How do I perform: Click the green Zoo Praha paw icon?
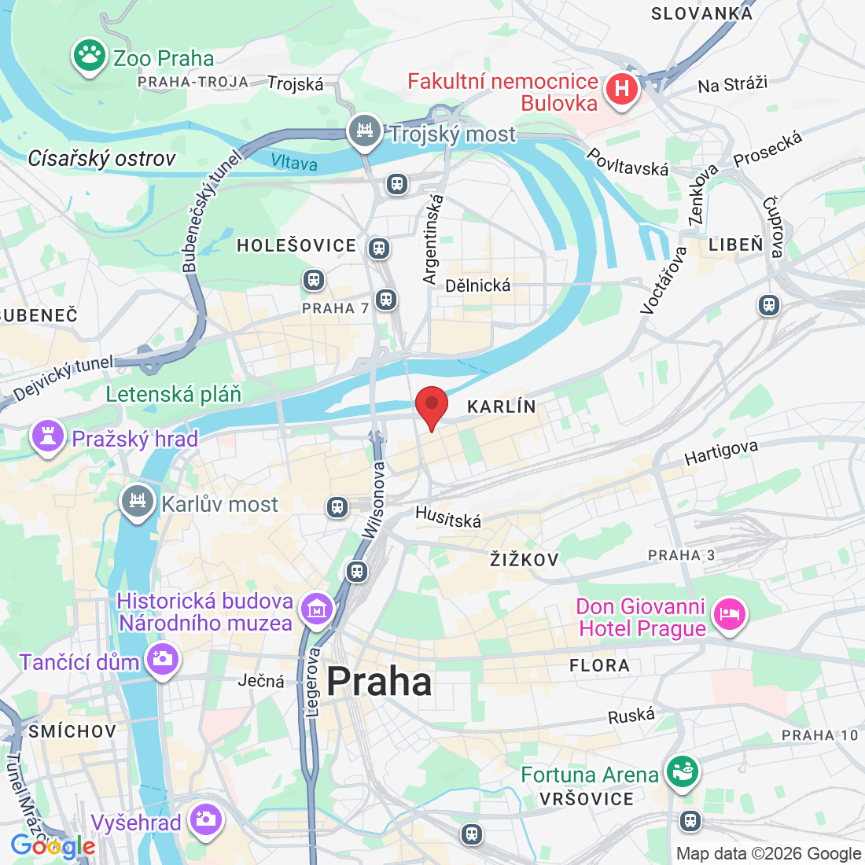pos(90,56)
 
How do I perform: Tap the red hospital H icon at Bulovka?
pos(621,89)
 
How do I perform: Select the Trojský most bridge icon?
pos(365,131)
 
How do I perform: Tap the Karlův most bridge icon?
pos(138,501)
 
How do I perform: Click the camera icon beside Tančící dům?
pos(163,659)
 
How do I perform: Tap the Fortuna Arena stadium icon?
pos(682,772)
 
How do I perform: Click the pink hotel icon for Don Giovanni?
pos(729,614)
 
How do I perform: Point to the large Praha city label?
pos(379,682)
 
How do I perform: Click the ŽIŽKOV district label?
pos(524,560)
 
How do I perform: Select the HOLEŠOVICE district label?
pos(296,246)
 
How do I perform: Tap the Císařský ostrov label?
pos(101,159)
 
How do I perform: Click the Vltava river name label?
pos(294,162)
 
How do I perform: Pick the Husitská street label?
pos(448,517)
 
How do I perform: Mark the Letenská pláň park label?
pos(174,394)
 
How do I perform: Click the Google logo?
pos(53,846)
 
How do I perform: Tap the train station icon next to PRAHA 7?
pos(385,299)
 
